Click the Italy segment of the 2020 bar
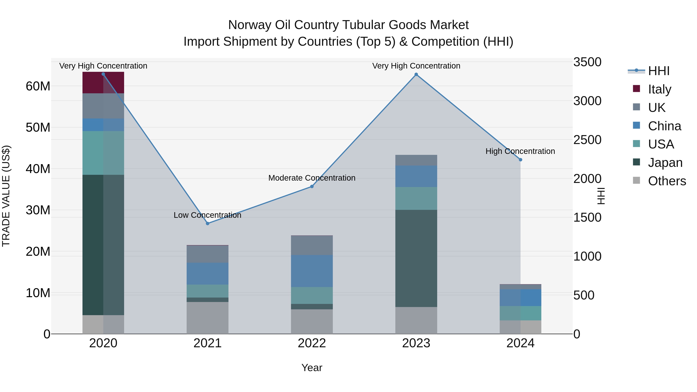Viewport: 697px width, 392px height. [103, 83]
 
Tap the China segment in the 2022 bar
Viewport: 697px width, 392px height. [312, 271]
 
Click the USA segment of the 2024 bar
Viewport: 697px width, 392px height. [520, 313]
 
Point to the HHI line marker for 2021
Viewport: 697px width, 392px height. [208, 223]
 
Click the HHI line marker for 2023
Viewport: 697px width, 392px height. [416, 74]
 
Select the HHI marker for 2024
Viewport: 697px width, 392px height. [520, 160]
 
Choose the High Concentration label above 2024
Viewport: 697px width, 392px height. [520, 151]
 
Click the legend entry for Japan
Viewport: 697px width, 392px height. [665, 163]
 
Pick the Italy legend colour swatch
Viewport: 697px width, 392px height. [636, 89]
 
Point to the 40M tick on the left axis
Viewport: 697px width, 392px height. [38, 169]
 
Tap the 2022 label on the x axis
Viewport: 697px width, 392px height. [312, 343]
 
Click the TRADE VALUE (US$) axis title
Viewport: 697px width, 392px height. [6, 196]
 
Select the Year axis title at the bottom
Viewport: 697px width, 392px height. [312, 368]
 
